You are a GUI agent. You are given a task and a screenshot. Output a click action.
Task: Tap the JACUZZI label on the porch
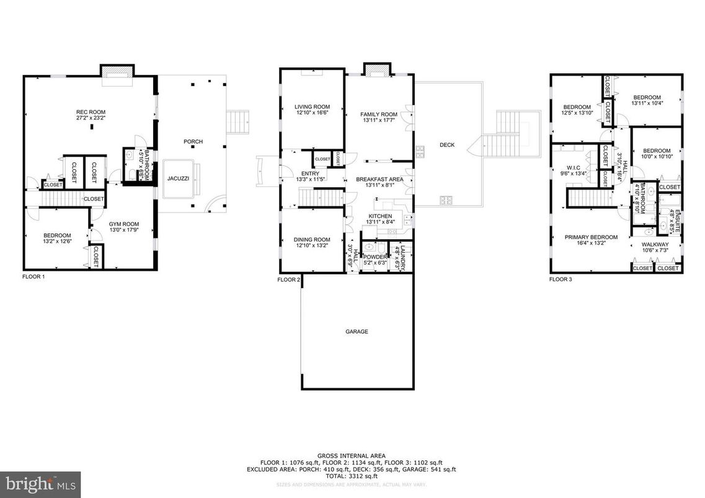point(178,178)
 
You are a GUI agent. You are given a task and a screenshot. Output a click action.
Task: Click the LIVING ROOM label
point(312,107)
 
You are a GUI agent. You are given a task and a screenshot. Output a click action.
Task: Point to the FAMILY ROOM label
point(379,115)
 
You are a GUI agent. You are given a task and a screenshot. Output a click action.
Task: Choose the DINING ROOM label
point(312,240)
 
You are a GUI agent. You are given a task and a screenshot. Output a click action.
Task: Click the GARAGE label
point(357,332)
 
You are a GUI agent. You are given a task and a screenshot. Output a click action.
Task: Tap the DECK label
point(447,145)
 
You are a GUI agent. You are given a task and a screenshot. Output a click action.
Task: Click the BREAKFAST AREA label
point(379,180)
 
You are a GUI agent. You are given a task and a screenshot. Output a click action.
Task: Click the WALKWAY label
point(655,245)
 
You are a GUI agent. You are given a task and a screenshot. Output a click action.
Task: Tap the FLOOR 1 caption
point(33,277)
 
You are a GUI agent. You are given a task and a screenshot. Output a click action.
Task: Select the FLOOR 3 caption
point(561,279)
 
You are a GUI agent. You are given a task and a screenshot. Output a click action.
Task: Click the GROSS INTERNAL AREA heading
point(352,454)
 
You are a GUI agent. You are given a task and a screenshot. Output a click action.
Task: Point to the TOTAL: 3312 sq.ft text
point(352,476)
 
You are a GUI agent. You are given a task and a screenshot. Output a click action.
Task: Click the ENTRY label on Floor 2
point(310,173)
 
